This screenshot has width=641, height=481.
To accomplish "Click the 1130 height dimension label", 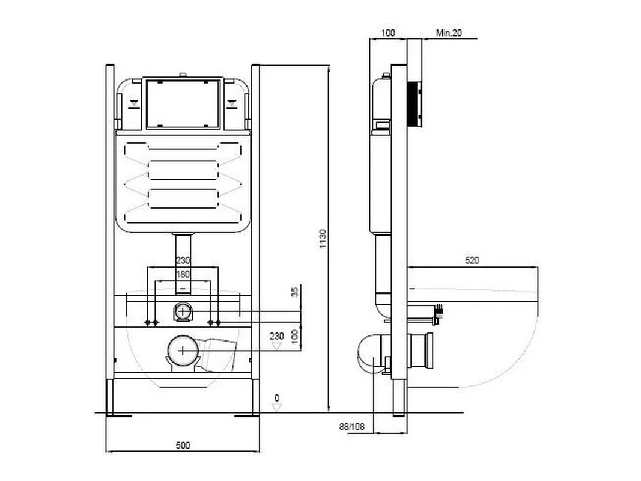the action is tap(323, 239).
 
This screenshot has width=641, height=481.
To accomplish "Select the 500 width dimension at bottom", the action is tap(183, 445).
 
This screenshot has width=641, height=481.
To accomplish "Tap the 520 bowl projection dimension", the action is tap(472, 260).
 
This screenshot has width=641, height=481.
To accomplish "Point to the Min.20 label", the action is tap(449, 32).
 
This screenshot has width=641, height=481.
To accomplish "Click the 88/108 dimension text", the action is tap(351, 427).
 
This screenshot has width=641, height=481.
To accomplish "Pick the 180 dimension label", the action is tap(183, 274).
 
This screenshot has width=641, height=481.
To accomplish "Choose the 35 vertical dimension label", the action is tap(296, 292).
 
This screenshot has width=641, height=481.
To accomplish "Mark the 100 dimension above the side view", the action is tap(387, 32).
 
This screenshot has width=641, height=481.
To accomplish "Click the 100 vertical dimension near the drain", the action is tap(295, 336).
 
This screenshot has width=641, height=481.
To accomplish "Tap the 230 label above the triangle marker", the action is tap(277, 336).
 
